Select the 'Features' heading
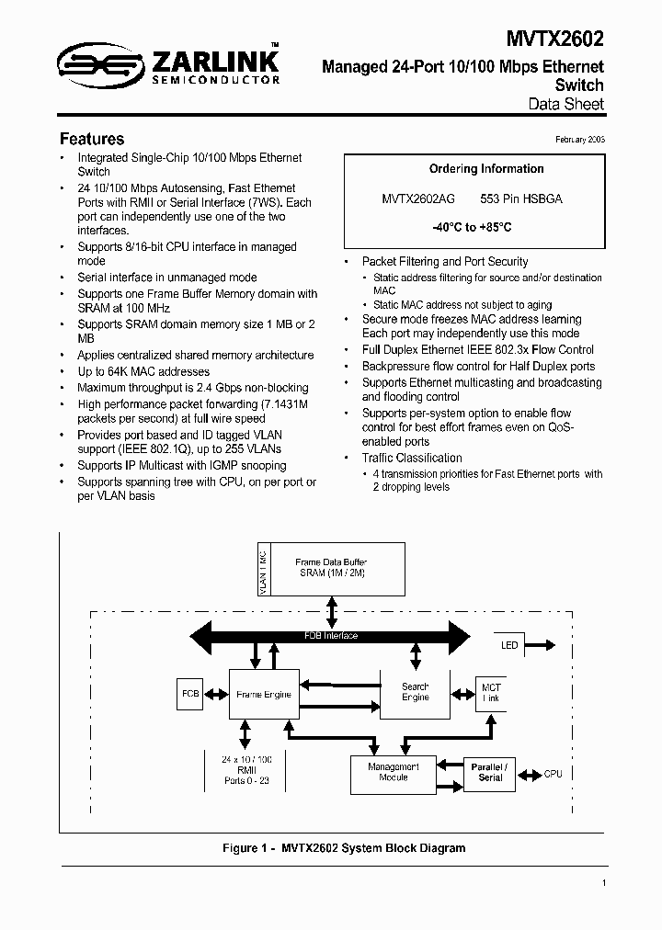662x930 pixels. point(92,140)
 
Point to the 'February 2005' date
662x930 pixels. point(580,138)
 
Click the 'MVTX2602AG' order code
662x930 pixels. point(417,198)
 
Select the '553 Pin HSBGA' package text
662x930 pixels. point(521,198)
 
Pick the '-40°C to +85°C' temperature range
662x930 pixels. point(472,226)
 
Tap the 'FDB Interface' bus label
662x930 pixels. point(331,635)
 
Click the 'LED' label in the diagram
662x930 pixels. point(509,645)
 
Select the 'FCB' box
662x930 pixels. point(190,694)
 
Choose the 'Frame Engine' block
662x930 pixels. point(264,695)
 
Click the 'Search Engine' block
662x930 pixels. point(416,692)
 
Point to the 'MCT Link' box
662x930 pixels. point(491,693)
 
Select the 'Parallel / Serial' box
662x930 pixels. point(490,772)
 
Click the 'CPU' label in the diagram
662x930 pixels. point(553,775)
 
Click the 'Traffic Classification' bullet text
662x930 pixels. point(412,458)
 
